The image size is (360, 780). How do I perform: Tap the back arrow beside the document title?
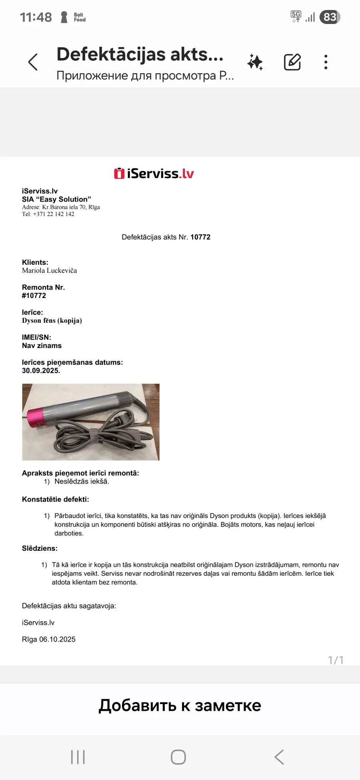tap(33, 62)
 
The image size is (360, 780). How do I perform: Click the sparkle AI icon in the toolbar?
tap(255, 62)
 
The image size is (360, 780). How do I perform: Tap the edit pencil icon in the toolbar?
tap(292, 62)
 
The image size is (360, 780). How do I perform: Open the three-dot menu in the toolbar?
tap(326, 62)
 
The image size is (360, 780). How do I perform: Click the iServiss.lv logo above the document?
tap(154, 174)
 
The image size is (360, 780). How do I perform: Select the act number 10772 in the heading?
tap(200, 237)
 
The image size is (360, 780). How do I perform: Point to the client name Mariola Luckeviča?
tap(50, 271)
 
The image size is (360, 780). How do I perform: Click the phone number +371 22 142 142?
tap(54, 214)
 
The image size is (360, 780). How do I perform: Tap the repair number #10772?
tap(34, 296)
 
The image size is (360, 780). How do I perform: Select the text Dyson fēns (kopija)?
tap(52, 321)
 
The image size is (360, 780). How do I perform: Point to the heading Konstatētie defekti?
tap(56, 500)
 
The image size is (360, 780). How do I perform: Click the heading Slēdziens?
tap(40, 548)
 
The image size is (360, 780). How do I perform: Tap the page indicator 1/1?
tap(336, 660)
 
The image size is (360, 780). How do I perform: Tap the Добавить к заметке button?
tap(180, 706)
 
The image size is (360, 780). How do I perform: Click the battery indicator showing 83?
tap(330, 17)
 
